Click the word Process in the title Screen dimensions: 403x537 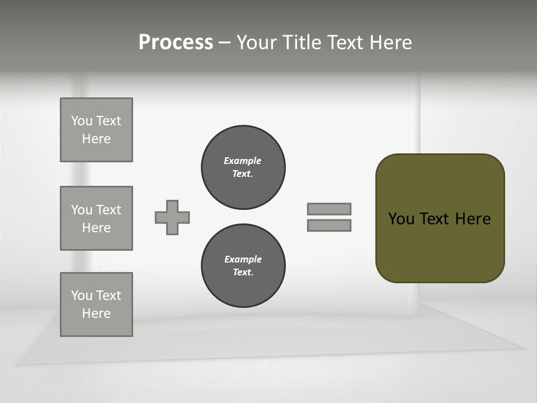[176, 43]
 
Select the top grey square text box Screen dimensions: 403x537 [96, 130]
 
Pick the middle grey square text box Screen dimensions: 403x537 [96, 218]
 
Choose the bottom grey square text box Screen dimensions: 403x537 [96, 304]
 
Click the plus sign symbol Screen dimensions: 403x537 [172, 217]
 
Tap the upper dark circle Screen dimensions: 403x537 [243, 167]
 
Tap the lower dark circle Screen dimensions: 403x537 [243, 266]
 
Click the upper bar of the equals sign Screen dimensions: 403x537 [329, 209]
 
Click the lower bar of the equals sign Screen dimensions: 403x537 [329, 226]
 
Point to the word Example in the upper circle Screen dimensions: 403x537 [243, 161]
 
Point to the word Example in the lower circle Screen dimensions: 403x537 [243, 259]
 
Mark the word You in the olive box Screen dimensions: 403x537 [401, 219]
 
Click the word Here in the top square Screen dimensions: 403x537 [96, 139]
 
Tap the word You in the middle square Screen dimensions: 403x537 [81, 210]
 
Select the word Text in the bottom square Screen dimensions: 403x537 [108, 296]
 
